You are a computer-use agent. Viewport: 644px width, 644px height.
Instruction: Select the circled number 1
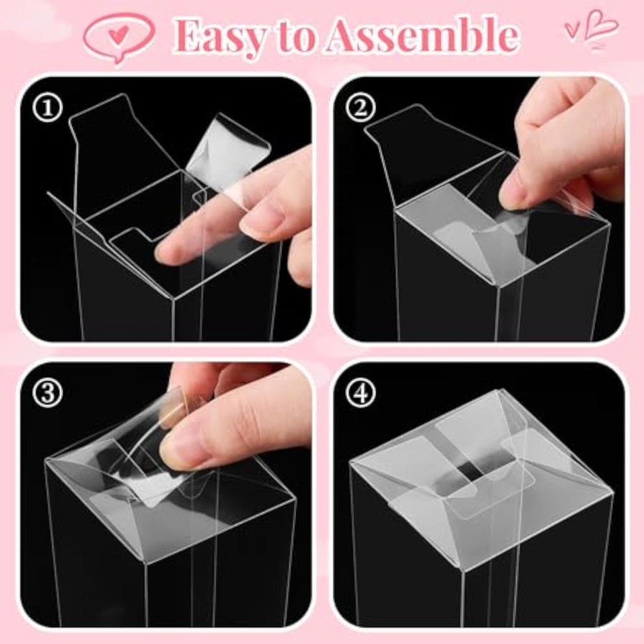48,107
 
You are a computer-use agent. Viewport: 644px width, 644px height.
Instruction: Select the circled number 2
361,107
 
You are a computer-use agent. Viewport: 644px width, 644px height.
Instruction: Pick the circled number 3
48,393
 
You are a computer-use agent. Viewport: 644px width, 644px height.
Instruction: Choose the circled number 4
361,393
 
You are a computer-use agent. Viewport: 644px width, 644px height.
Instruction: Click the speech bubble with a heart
119,36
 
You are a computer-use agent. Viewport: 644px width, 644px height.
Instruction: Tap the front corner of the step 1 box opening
173,298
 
